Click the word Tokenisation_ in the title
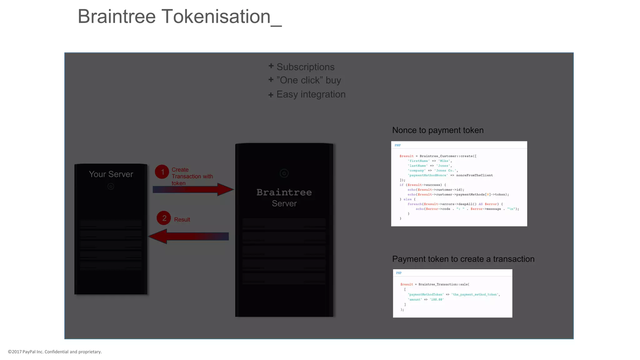[x=221, y=17]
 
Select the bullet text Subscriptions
[x=305, y=67]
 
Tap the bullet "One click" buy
[x=308, y=80]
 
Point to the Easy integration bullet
[x=311, y=94]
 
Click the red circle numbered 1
[x=162, y=172]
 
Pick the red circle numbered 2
[x=164, y=218]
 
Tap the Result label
[x=182, y=220]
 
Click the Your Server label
[x=111, y=174]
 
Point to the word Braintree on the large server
[x=284, y=192]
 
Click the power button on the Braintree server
[x=284, y=173]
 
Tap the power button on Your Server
[x=111, y=187]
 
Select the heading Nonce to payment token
[x=437, y=130]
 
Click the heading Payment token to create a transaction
[x=463, y=259]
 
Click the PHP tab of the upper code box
[x=397, y=145]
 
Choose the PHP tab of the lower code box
[x=399, y=273]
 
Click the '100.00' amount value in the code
[x=437, y=300]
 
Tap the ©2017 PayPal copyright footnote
[x=55, y=352]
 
